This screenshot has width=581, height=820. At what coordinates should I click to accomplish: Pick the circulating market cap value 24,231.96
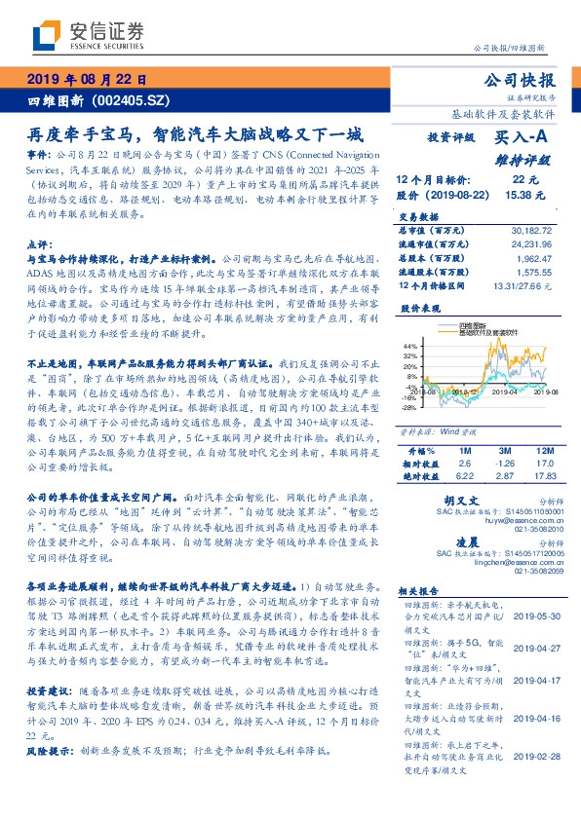pos(531,246)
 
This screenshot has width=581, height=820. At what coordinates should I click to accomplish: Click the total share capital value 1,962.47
pos(535,260)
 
